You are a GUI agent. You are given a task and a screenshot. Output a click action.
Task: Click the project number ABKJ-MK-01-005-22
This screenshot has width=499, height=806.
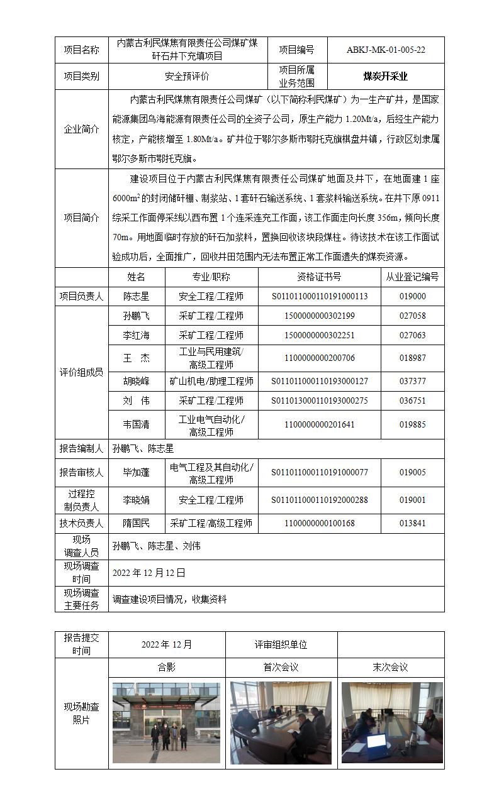385,50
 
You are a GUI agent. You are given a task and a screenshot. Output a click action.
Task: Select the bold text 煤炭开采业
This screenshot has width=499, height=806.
385,77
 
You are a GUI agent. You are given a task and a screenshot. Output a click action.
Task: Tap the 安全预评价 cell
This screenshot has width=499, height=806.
187,77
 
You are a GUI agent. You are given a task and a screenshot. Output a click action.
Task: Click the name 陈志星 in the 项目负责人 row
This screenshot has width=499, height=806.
136,296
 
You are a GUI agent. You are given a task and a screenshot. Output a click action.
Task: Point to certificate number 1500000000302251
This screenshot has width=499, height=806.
319,335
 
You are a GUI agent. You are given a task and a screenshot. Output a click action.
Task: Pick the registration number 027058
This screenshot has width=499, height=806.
412,316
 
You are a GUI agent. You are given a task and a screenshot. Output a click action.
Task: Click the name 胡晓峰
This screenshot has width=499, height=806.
136,381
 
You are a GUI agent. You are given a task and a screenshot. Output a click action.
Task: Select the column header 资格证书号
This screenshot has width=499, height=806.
319,277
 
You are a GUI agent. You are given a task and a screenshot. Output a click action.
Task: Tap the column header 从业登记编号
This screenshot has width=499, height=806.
412,277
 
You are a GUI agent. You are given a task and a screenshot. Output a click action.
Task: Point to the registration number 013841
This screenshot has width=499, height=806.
412,523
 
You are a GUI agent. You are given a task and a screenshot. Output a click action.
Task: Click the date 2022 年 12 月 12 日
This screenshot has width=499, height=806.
149,573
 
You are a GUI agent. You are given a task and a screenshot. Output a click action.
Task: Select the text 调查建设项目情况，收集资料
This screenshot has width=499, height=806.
169,599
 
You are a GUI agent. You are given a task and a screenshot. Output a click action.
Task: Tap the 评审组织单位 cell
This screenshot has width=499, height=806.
281,644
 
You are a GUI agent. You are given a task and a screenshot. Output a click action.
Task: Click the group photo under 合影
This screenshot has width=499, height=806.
166,723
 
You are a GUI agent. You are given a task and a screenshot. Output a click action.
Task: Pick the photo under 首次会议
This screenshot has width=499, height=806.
281,723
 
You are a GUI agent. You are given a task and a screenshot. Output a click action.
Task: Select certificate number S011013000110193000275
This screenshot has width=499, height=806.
319,400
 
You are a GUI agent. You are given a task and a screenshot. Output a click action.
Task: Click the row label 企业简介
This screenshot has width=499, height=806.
81,130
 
